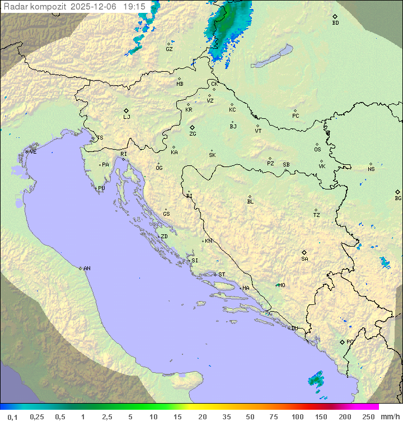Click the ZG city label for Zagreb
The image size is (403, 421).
click(x=193, y=134)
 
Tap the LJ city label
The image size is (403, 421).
click(x=126, y=117)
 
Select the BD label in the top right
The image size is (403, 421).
click(x=335, y=23)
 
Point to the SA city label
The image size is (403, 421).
click(x=304, y=258)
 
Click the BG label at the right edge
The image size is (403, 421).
click(x=398, y=198)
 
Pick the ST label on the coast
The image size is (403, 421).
click(x=222, y=275)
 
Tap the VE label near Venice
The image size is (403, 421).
click(x=33, y=152)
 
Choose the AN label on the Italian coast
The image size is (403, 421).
click(x=87, y=269)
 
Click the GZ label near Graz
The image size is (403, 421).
click(x=169, y=49)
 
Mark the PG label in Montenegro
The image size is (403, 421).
click(x=350, y=342)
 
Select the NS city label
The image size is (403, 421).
click(x=371, y=169)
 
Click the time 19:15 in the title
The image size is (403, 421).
click(x=134, y=6)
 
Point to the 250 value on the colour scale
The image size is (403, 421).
click(x=368, y=416)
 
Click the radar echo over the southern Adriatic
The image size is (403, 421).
click(x=316, y=379)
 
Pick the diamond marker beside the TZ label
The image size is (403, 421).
click(x=316, y=210)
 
